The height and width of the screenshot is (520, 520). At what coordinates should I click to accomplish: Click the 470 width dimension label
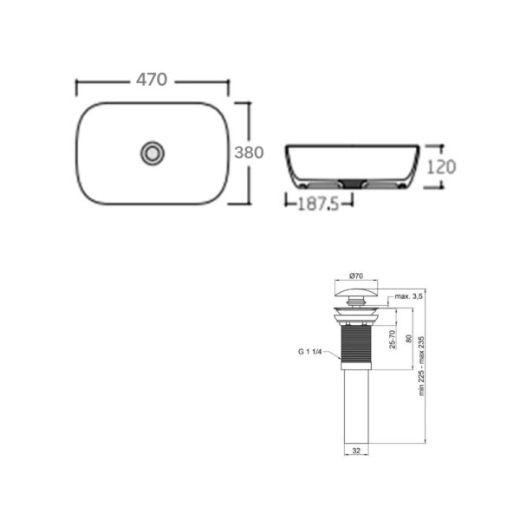pos(152,80)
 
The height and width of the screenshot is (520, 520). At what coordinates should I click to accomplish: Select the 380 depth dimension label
pos(249,153)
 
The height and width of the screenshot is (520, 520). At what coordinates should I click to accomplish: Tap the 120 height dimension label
pos(440,166)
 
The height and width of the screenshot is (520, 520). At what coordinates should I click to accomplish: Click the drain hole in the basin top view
pos(153,153)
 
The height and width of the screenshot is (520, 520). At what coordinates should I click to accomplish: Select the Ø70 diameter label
pos(356,276)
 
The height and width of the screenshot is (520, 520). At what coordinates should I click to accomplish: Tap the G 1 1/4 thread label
pos(309,351)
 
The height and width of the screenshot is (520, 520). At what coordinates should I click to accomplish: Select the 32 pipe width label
pos(356,451)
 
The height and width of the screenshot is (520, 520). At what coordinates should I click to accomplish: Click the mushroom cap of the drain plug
pos(356,290)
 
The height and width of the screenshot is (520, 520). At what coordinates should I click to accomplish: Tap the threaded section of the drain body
pos(356,347)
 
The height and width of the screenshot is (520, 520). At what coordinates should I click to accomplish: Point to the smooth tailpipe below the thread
pos(356,407)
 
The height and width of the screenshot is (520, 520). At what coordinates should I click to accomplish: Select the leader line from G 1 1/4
pos(333,352)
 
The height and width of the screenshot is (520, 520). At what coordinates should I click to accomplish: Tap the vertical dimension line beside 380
pos(250,121)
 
